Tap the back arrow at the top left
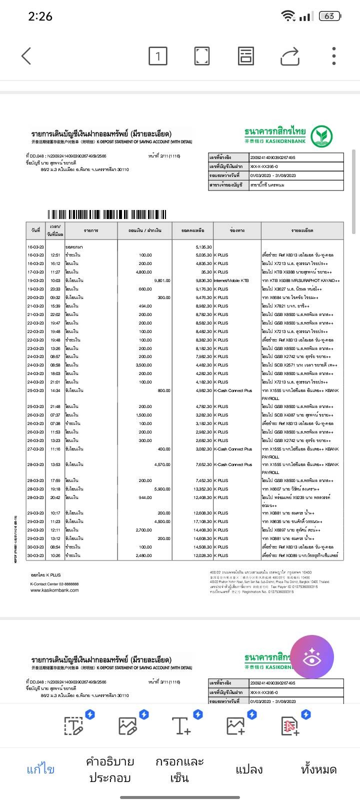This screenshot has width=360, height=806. [26, 56]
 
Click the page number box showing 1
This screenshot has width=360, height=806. [158, 56]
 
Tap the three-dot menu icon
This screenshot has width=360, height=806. [333, 56]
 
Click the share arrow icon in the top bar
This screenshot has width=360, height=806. [289, 56]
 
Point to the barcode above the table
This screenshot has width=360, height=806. [107, 215]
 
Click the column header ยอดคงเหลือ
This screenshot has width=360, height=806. [192, 230]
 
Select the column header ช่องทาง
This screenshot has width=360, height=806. [237, 230]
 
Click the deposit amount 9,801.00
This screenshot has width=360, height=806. [162, 280]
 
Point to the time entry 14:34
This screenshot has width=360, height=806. [55, 390]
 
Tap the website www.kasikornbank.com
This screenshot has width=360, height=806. [54, 590]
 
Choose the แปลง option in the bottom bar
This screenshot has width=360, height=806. [249, 769]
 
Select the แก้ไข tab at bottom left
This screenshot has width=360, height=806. [40, 769]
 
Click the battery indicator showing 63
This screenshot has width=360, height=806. [329, 16]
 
